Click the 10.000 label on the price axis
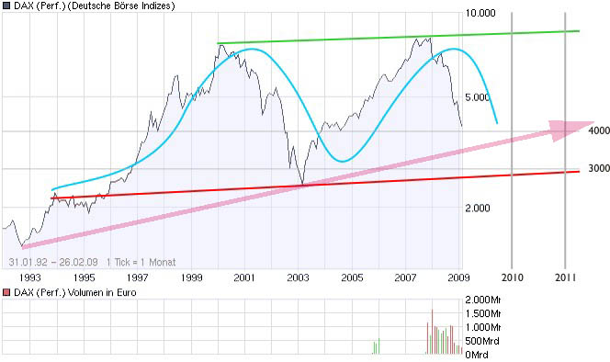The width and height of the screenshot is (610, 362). click(482, 14)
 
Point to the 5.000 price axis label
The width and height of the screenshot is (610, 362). click(479, 97)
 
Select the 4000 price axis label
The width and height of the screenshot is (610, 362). click(600, 130)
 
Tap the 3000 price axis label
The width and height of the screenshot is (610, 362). click(600, 168)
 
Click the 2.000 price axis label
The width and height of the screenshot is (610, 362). click(479, 208)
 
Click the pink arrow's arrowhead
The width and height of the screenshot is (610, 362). click(580, 129)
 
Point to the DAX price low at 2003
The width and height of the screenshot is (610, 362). click(301, 185)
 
